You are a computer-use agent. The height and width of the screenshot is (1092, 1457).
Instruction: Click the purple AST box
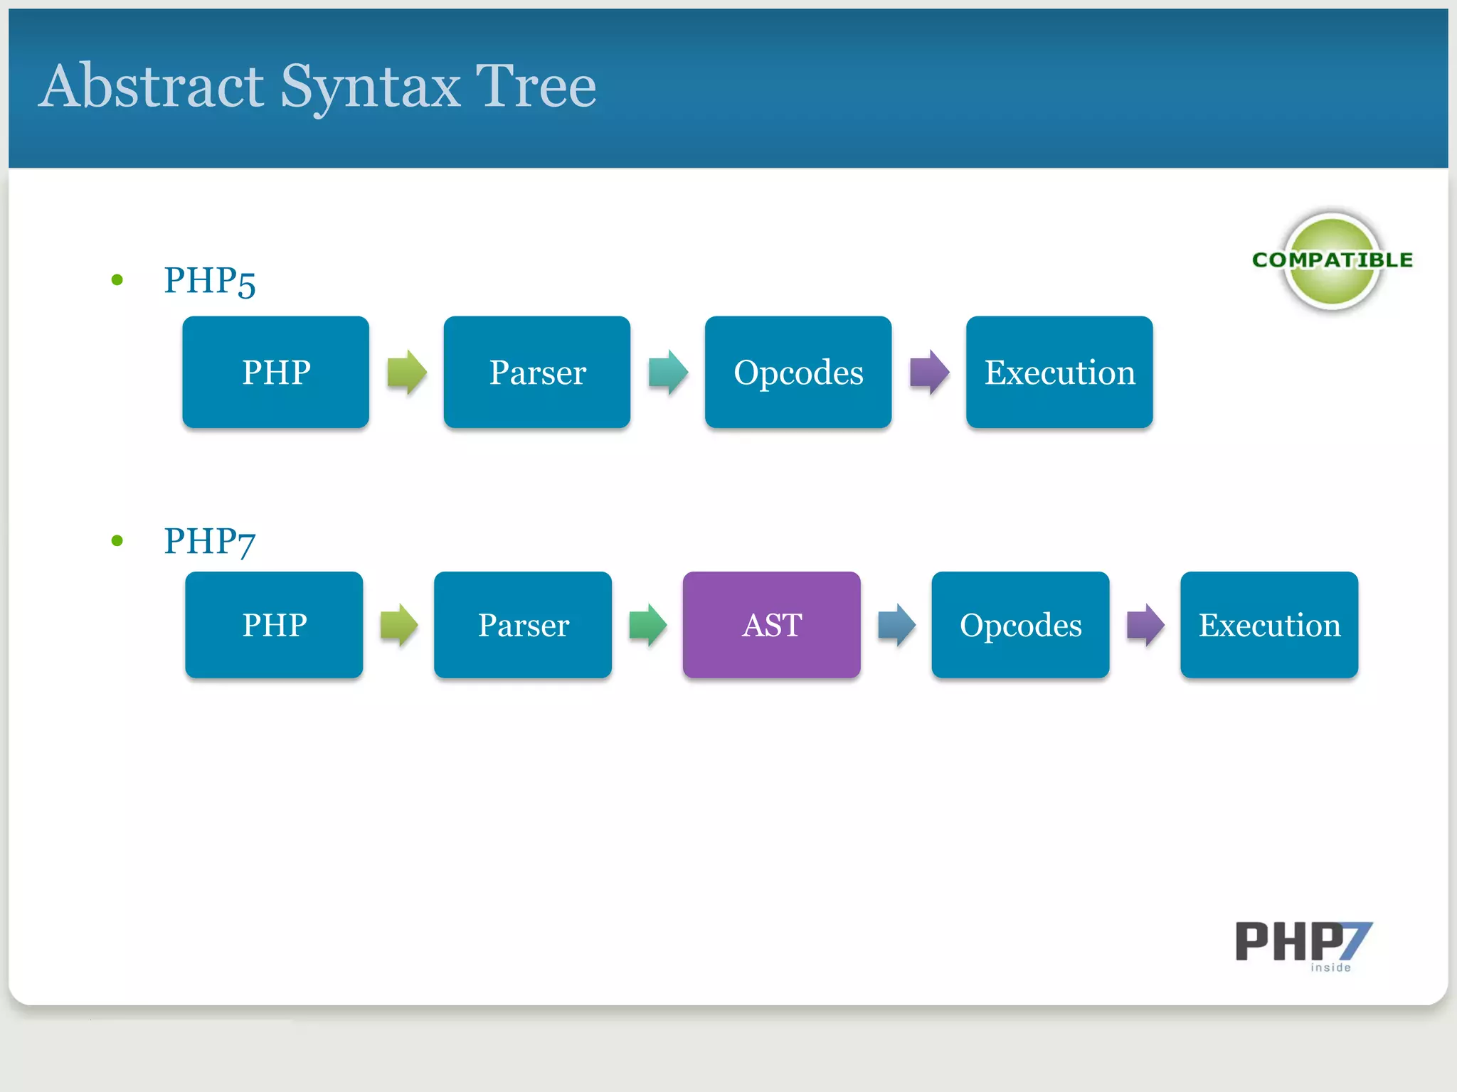pos(771,624)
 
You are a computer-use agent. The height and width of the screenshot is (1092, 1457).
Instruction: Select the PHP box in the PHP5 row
pos(275,372)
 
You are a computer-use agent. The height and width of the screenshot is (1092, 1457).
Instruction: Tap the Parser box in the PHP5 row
pos(536,372)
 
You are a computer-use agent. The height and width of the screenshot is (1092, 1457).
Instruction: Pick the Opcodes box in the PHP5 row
pos(798,372)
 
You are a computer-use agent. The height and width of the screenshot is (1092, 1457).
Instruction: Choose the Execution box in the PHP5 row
pos(1059,372)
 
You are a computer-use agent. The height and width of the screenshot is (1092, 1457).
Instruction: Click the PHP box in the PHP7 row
pos(274,624)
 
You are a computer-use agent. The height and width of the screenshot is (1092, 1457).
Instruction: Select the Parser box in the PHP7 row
pos(523,624)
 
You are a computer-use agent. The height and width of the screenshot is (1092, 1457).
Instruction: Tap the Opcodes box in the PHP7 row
pos(1020,624)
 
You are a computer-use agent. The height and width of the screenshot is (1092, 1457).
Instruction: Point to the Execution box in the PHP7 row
pos(1268,624)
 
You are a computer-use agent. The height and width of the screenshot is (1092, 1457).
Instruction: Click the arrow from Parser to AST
pos(647,625)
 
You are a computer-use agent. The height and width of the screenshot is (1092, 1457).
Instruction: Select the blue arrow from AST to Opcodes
pos(896,625)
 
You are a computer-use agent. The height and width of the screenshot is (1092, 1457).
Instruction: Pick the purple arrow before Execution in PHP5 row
pos(929,372)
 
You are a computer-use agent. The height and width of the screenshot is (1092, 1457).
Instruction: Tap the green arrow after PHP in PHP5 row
pos(406,372)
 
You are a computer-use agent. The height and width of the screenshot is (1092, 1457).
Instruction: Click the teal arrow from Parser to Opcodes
pos(668,372)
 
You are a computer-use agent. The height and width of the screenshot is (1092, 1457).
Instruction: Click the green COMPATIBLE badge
pos(1332,261)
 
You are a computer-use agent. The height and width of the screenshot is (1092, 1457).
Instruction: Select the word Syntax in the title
pos(370,87)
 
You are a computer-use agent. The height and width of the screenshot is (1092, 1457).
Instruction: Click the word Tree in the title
pos(535,87)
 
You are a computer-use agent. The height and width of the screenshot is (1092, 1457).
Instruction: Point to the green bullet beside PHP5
pos(117,280)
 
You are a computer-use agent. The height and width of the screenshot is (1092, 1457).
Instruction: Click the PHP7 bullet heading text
pos(209,542)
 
